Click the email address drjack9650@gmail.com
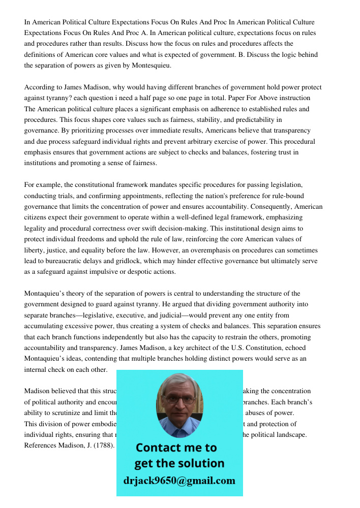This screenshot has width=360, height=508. tap(179, 481)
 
